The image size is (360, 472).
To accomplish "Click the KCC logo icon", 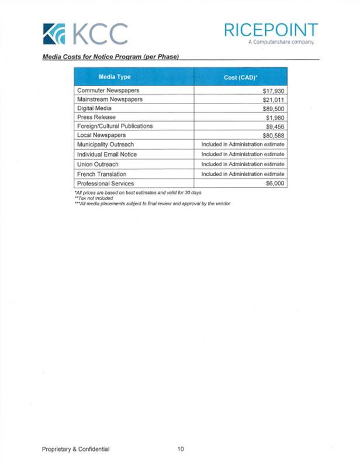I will (54, 34).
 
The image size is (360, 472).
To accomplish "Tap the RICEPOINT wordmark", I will (271, 30).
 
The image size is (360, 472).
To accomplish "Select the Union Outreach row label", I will (98, 164).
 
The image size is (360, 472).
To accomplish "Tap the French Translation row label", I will (101, 174).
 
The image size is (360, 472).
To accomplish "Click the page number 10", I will (181, 449).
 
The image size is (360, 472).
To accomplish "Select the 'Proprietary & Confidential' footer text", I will (75, 449).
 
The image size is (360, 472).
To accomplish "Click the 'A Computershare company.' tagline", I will (282, 43).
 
